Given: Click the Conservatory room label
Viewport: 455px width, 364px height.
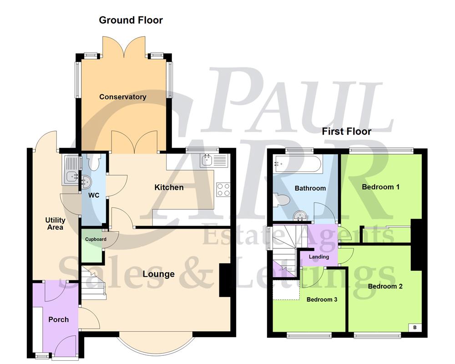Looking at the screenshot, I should tap(123, 97).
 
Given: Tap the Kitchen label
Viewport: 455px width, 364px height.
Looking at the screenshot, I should tap(169, 187).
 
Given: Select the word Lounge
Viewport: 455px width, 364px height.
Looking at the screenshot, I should tap(158, 274).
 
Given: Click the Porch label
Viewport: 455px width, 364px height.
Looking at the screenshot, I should tap(59, 319).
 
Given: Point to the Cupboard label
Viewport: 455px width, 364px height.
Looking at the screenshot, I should tap(96, 239).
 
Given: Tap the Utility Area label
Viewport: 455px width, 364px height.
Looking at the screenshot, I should tap(55, 224).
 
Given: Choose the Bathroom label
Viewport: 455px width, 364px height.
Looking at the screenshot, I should tap(310, 188).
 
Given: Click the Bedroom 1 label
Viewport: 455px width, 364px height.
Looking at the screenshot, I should tap(377, 187).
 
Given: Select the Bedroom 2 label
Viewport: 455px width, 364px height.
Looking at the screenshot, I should tap(385, 286).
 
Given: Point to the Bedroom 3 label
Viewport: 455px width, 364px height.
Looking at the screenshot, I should tap(321, 299).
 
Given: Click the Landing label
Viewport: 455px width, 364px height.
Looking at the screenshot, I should tap(318, 257).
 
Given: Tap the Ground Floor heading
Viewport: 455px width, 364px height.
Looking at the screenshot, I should tap(131, 20).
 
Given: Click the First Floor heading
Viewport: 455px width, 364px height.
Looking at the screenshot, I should tap(346, 131).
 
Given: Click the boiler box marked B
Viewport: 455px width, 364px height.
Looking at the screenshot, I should tap(415, 327).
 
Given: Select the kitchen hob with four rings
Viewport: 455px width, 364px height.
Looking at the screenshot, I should tap(223, 189).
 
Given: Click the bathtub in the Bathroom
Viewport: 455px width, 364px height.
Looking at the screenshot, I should tap(298, 164).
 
